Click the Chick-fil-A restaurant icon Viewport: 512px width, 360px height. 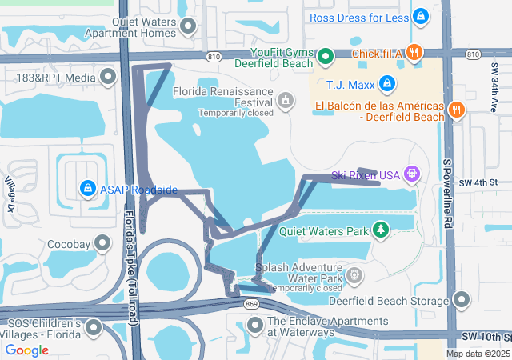[x=414, y=54]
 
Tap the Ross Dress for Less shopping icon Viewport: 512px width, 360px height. [x=421, y=16]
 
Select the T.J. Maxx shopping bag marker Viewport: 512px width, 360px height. [x=386, y=82]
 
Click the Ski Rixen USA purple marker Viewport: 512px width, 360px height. [x=412, y=172]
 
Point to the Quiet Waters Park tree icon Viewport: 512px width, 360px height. [x=382, y=231]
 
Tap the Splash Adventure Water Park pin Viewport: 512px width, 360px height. [x=355, y=276]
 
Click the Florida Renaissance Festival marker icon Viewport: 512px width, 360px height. [x=285, y=100]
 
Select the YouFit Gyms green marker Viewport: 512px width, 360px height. [x=325, y=57]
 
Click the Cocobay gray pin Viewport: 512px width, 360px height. [x=102, y=242]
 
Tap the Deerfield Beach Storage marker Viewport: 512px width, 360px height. [x=461, y=300]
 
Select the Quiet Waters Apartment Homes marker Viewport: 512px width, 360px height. [x=189, y=27]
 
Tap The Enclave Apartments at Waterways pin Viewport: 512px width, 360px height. [x=255, y=325]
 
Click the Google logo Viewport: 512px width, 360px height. [x=27, y=350]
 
